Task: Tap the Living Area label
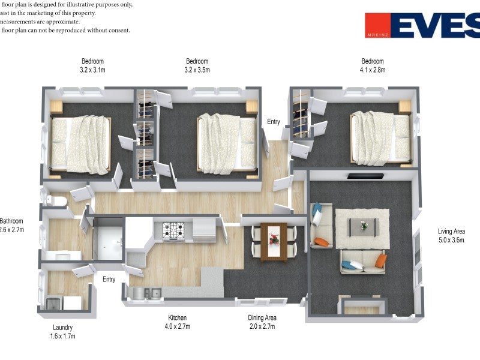pos(451,232)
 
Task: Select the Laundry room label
pos(62,328)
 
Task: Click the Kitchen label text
pos(177,318)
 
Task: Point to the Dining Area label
pos(262,318)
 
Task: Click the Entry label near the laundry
pos(109,280)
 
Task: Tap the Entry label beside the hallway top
pos(273,122)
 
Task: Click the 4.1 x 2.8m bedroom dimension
pos(372,70)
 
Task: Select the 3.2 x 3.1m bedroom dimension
pos(92,70)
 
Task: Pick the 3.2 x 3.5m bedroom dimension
pos(197,70)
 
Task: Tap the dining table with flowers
pos(274,241)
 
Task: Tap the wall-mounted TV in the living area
pos(365,176)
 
